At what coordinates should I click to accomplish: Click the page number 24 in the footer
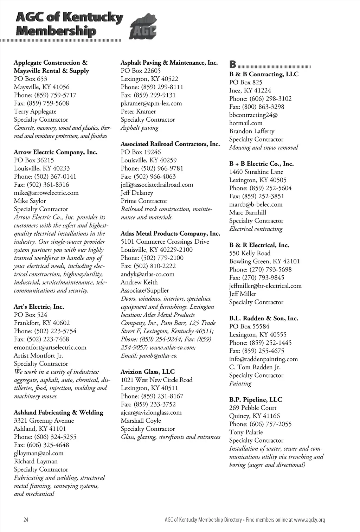click(x=26, y=520)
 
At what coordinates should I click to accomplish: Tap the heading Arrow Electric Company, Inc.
click(x=56, y=152)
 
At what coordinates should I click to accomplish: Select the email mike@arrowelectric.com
click(x=46, y=193)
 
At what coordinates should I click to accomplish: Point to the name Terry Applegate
click(x=35, y=111)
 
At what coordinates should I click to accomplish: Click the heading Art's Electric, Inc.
click(x=39, y=307)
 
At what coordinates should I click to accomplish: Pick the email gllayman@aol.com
click(x=39, y=453)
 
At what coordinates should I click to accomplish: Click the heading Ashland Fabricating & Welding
click(x=58, y=412)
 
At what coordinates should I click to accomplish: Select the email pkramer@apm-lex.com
click(x=151, y=103)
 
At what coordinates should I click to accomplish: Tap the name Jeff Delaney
click(x=137, y=193)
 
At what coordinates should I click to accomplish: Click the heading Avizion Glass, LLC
click(x=148, y=372)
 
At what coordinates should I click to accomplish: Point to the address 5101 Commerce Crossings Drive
click(x=165, y=242)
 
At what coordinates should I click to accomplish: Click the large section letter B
click(x=232, y=65)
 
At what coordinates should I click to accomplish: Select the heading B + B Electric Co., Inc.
click(x=261, y=164)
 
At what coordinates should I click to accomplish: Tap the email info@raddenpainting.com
click(x=263, y=359)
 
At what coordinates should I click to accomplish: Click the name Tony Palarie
click(x=246, y=432)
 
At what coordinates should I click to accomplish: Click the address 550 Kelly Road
click(x=250, y=253)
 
